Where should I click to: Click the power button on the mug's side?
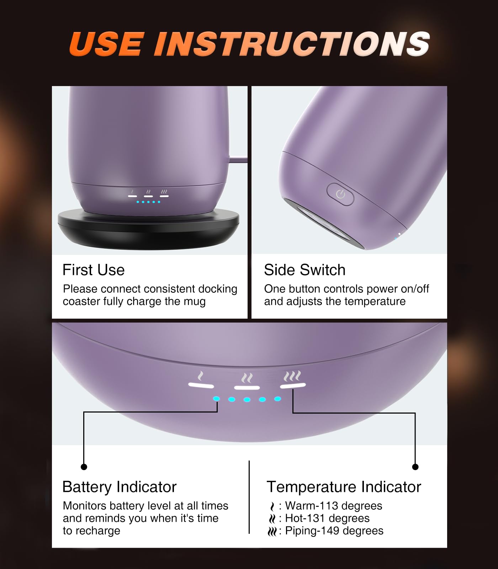340,194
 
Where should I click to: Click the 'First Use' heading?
94,270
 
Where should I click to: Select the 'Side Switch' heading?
304,270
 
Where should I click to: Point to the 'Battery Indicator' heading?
119,487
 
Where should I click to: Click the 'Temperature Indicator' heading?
344,487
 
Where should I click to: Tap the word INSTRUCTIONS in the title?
292,44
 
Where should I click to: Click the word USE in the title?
107,44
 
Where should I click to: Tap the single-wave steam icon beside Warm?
272,506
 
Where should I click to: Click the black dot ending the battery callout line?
84,467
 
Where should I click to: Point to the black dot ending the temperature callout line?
415,467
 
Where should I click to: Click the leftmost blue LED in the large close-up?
216,399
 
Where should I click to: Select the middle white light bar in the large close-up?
247,387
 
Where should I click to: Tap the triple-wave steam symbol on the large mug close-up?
292,376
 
